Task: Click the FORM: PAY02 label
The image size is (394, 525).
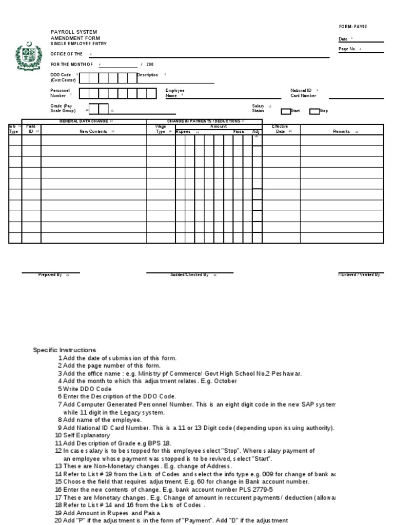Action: pos(352,27)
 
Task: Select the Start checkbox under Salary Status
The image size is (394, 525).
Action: pos(286,111)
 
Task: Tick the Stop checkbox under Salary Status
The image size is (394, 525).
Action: pos(314,111)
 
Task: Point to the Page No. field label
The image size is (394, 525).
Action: pos(348,49)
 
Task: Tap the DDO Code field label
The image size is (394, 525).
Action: pos(61,75)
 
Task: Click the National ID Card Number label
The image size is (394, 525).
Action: pos(303,93)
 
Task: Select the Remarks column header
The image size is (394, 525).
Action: pos(342,132)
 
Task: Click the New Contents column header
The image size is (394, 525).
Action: pos(93,132)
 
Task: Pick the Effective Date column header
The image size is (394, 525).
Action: pos(280,129)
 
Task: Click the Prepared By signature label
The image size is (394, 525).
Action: pos(50,275)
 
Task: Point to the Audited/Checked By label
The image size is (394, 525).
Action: pos(189,275)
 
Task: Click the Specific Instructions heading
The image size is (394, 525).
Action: pos(64,350)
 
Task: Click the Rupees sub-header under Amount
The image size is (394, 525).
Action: pos(184,132)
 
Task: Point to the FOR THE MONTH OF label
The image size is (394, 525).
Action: pos(71,65)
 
